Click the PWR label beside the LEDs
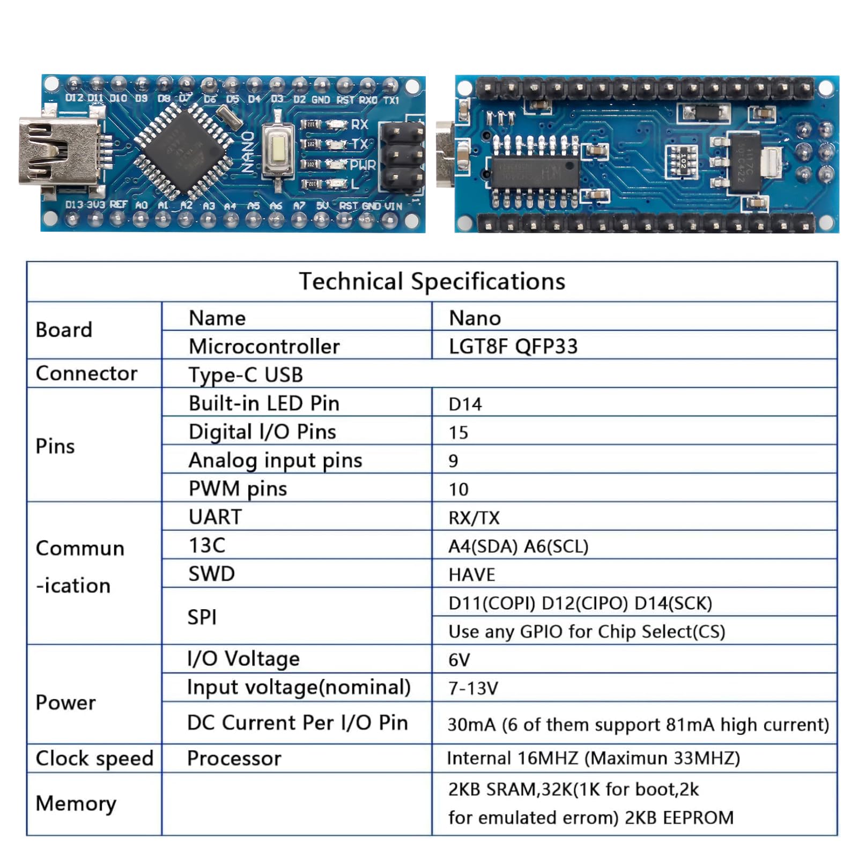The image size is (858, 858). (363, 165)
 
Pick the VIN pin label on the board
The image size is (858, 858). (393, 206)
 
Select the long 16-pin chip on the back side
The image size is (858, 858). (536, 173)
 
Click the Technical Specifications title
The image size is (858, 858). (432, 282)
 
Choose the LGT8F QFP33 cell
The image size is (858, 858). (513, 346)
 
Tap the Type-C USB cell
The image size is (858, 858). (246, 374)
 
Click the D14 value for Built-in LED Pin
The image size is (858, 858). (465, 404)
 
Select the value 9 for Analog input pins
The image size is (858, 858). (453, 461)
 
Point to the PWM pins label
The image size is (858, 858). (238, 489)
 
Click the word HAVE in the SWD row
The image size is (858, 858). (472, 574)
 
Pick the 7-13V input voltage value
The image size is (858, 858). (473, 688)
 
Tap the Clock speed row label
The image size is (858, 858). (94, 758)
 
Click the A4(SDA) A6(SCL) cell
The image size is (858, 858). (518, 546)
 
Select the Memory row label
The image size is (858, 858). (76, 803)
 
